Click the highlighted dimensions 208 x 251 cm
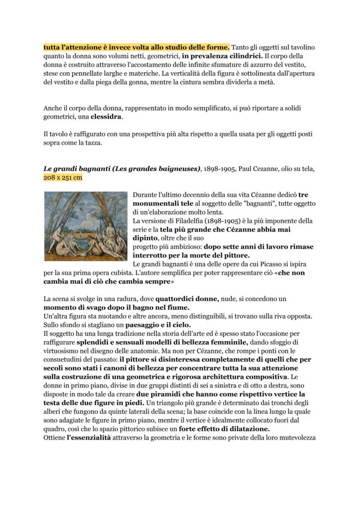coord(63,177)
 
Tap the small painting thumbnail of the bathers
coord(86,226)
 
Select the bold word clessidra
coord(106,117)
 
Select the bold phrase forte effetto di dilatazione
coord(221,429)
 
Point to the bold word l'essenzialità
coord(89,438)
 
